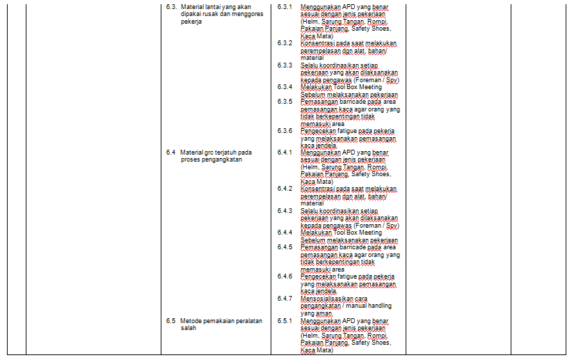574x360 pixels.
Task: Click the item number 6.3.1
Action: point(285,6)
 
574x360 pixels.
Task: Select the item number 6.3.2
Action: point(285,43)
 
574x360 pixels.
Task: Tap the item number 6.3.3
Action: point(285,65)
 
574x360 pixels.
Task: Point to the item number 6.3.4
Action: point(285,87)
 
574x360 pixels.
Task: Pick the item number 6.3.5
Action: point(285,102)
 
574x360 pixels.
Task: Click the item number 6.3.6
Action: point(285,131)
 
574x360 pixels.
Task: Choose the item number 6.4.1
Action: point(285,152)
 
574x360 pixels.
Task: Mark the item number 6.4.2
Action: point(285,189)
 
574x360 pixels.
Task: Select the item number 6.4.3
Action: point(285,210)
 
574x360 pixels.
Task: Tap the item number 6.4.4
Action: point(285,233)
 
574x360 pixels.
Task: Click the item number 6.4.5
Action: point(285,246)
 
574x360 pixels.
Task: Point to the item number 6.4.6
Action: point(285,276)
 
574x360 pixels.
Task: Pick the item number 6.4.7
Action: point(285,298)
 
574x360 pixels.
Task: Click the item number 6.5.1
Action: point(285,321)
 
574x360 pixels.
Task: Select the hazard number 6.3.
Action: point(171,6)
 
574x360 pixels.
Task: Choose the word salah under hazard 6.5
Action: point(188,328)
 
